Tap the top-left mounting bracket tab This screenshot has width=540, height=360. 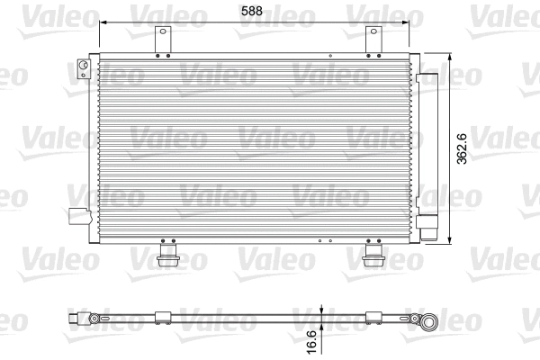tap(163, 40)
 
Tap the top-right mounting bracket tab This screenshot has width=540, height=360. tap(373, 40)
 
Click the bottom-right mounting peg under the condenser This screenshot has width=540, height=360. tap(374, 259)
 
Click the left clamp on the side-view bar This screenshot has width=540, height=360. tap(164, 317)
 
